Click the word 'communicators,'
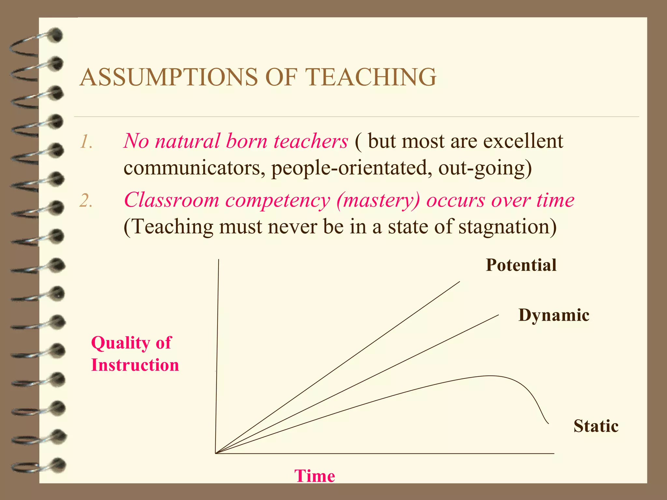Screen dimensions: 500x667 click(x=194, y=168)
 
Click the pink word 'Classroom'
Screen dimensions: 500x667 click(x=171, y=200)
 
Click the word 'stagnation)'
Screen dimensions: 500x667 click(x=508, y=227)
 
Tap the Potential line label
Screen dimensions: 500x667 click(x=521, y=265)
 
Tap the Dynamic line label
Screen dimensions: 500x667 click(x=554, y=315)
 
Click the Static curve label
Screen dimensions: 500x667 click(x=596, y=426)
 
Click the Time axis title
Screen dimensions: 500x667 click(x=315, y=476)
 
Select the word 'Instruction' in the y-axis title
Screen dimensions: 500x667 click(x=135, y=365)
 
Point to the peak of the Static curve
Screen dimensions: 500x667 click(x=490, y=376)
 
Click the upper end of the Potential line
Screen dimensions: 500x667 click(x=459, y=282)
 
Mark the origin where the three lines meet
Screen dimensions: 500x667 click(x=216, y=453)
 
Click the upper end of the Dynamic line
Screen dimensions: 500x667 click(x=498, y=315)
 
